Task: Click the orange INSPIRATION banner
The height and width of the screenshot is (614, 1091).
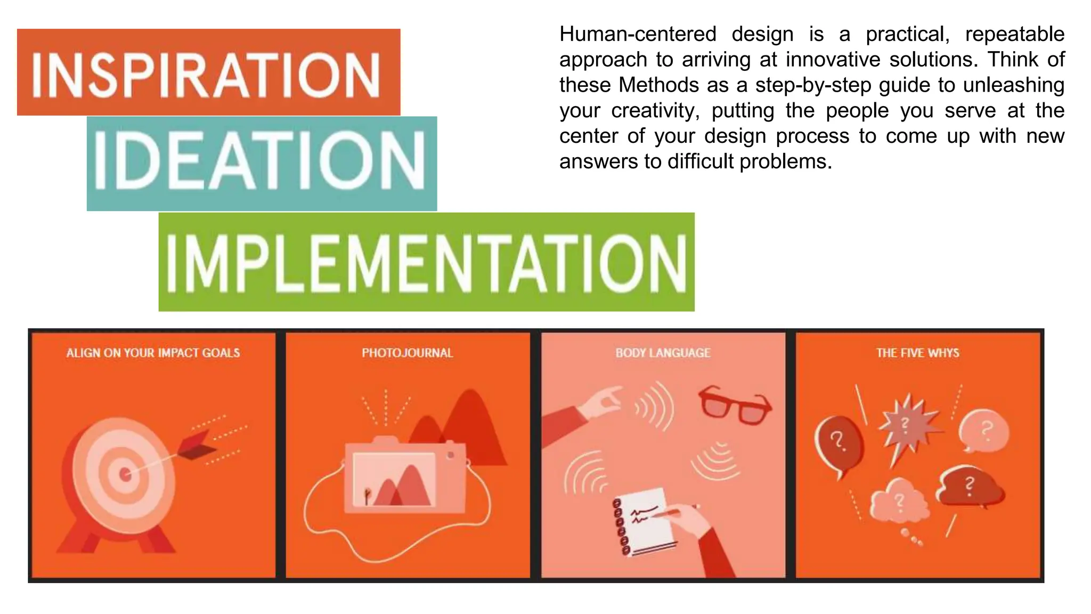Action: click(208, 72)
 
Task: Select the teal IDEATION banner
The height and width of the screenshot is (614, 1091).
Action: click(262, 163)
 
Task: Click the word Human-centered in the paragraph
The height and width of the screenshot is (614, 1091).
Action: click(638, 34)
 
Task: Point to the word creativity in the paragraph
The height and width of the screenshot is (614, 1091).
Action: click(655, 111)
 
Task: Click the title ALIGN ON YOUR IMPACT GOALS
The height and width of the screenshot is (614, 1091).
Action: click(153, 353)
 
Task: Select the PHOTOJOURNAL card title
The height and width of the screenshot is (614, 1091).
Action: click(408, 353)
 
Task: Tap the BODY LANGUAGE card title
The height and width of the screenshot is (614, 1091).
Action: click(663, 353)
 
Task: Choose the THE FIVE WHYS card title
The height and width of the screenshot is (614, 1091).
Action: click(917, 353)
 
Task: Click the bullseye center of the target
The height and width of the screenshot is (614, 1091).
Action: click(126, 474)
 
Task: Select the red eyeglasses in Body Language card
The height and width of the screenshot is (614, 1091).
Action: click(735, 405)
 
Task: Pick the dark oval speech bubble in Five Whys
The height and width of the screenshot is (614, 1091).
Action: click(838, 442)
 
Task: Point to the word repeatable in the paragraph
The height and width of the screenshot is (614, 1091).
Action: click(1014, 34)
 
